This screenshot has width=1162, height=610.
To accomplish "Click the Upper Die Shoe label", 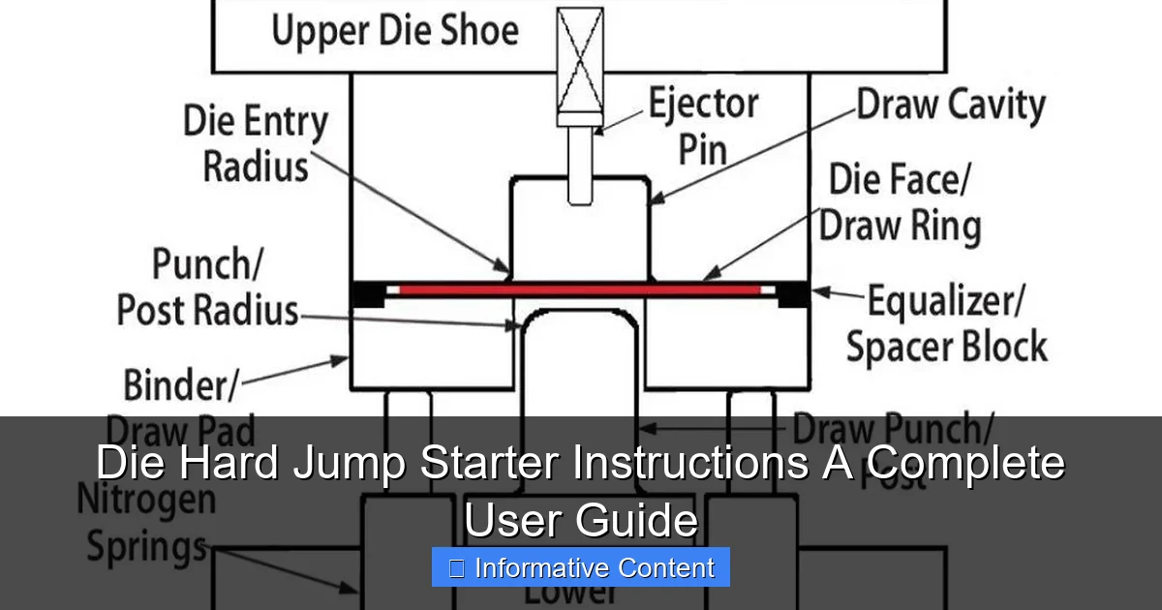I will pos(395,31).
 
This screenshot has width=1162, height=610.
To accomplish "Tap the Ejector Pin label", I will pos(703,125).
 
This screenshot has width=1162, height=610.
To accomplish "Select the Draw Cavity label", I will pos(950,104).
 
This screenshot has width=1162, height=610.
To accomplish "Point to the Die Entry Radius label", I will pos(256,144).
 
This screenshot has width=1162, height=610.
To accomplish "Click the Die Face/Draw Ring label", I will pos(900,203).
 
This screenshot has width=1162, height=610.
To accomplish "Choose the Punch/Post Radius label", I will pos(207,288).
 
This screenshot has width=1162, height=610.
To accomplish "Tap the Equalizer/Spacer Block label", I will pos(946,324).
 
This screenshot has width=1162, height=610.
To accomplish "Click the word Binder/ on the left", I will pos(180,385).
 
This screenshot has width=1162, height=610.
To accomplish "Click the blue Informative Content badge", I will pos(581,568).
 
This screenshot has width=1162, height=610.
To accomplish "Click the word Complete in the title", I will pos(964,464).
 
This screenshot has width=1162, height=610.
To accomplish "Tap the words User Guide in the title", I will pos(581,520).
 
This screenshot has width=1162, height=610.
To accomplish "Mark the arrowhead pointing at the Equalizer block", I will pos(816,290).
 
